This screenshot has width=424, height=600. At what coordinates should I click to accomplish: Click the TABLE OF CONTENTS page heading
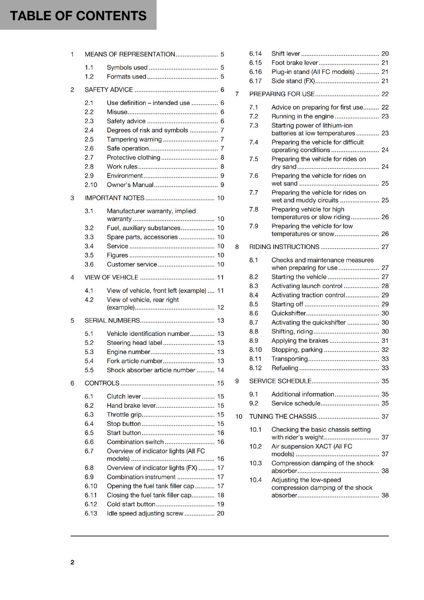pyautogui.click(x=78, y=16)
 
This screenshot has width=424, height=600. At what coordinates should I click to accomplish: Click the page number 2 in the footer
pyautogui.click(x=72, y=562)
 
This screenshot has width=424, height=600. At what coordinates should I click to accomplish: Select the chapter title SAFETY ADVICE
pyautogui.click(x=109, y=90)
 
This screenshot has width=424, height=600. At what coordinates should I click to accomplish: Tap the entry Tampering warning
pyautogui.click(x=134, y=139)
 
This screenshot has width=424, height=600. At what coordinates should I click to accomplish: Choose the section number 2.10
pyautogui.click(x=90, y=185)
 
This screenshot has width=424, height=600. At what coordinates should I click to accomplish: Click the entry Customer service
pyautogui.click(x=132, y=264)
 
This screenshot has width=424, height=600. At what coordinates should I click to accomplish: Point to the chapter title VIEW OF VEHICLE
pyautogui.click(x=111, y=277)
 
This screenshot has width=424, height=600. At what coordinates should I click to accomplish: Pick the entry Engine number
pyautogui.click(x=128, y=352)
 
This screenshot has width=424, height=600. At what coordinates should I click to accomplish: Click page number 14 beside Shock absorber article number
pyautogui.click(x=220, y=370)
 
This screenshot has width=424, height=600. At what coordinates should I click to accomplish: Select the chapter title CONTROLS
pyautogui.click(x=102, y=383)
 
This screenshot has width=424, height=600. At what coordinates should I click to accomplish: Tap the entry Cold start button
pyautogui.click(x=131, y=504)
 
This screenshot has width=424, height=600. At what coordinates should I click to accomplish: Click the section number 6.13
pyautogui.click(x=90, y=513)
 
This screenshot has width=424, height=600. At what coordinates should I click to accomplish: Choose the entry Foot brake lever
pyautogui.click(x=295, y=63)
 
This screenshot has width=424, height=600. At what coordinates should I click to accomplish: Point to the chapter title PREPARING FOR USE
pyautogui.click(x=282, y=94)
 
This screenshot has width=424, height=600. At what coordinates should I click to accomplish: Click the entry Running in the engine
pyautogui.click(x=302, y=116)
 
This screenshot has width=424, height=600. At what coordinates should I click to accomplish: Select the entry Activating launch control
pyautogui.click(x=307, y=286)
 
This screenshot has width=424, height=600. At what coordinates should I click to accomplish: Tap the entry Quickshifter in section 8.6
pyautogui.click(x=289, y=313)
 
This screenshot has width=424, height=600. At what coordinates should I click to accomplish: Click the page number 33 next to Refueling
pyautogui.click(x=385, y=368)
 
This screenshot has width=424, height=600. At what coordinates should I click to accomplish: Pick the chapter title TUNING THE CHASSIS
pyautogui.click(x=283, y=417)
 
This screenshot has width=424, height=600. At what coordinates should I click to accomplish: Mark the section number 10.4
pyautogui.click(x=255, y=480)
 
